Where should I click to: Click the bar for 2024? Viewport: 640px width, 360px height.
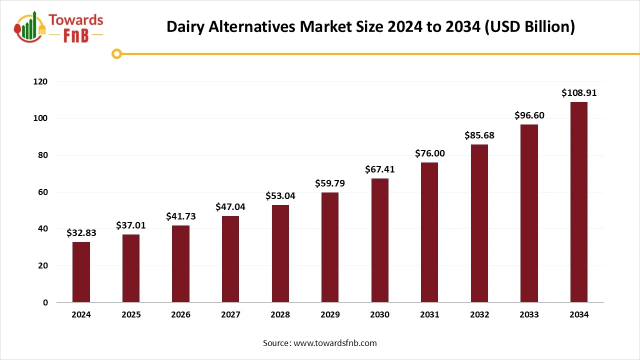point(81,272)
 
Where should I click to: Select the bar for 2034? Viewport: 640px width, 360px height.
point(578,202)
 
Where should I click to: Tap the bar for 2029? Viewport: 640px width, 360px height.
point(330,247)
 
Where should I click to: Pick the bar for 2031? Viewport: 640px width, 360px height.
point(429,232)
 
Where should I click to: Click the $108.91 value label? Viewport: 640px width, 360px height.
point(578,93)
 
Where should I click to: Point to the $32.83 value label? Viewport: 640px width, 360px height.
point(81,232)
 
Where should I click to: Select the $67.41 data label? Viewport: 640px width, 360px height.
point(379,169)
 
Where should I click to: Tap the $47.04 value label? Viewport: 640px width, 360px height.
point(230,206)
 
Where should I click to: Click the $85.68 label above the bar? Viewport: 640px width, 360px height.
point(479,135)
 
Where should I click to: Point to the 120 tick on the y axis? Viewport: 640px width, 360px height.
point(40,81)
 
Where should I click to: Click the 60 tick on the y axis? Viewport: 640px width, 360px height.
point(43,192)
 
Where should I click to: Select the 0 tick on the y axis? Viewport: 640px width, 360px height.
point(45,302)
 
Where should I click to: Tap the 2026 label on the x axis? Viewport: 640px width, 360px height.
point(180,315)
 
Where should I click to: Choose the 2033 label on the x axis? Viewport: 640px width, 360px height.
point(529,315)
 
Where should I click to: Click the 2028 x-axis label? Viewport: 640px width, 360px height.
point(280,315)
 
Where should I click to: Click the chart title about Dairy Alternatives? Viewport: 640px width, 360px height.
point(370,27)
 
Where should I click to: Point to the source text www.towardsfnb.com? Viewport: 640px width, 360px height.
point(320,343)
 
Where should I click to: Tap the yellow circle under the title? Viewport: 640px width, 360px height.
point(117,53)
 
